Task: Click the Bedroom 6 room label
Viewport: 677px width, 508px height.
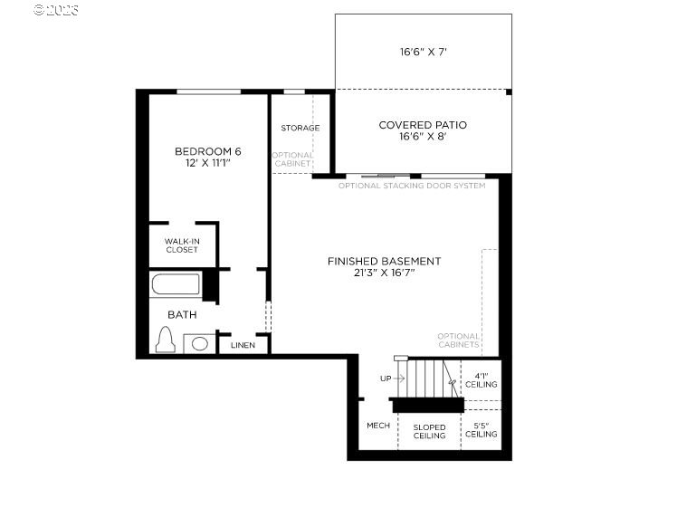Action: click(x=208, y=150)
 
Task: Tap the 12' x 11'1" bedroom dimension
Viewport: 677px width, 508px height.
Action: click(x=208, y=163)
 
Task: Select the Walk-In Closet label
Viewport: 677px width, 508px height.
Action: click(x=182, y=245)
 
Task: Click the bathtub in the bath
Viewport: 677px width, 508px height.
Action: click(x=176, y=285)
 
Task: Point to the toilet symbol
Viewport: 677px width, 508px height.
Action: click(x=165, y=340)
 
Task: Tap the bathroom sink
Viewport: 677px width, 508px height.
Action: click(x=200, y=343)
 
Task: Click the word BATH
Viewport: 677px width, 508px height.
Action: click(x=182, y=314)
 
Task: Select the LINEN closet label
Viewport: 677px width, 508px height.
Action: click(x=243, y=345)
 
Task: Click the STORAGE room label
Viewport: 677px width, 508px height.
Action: click(x=300, y=128)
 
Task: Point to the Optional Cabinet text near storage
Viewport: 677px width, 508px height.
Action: click(x=292, y=159)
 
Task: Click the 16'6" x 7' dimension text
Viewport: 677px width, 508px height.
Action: click(x=424, y=53)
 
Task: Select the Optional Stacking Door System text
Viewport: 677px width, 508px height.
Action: click(x=412, y=186)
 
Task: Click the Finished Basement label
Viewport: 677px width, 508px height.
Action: click(x=384, y=261)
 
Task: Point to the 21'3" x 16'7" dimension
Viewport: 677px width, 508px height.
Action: click(x=384, y=273)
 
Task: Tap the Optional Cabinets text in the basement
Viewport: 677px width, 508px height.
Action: click(x=458, y=340)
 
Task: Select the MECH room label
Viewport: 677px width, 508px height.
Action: click(x=377, y=426)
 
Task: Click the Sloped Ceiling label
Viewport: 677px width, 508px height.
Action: click(x=429, y=431)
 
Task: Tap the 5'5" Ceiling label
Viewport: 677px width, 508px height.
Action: click(x=481, y=429)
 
